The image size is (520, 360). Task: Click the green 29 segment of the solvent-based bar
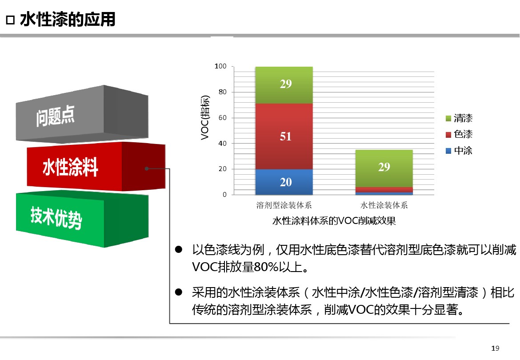coord(284,85)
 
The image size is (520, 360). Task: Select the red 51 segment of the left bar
coord(284,136)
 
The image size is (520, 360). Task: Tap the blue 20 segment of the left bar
coord(284,182)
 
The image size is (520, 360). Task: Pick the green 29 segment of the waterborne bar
coord(384,168)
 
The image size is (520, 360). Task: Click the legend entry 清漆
coord(459,118)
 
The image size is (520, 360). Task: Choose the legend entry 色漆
coord(459,134)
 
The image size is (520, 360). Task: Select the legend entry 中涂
coord(459,151)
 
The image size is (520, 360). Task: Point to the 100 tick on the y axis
coord(220,66)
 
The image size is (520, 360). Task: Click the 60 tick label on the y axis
coord(223,118)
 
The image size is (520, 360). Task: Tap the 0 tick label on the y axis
coord(225,195)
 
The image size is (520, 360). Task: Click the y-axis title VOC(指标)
coord(205,118)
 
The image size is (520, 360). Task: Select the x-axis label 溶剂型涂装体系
coord(284,205)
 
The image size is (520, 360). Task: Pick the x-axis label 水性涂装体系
coord(384,205)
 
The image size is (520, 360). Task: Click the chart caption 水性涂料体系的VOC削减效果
coord(334,221)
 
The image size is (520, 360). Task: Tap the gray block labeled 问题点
coord(82,114)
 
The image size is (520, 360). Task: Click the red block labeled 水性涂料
coord(96,166)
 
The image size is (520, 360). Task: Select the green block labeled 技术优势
coord(82,219)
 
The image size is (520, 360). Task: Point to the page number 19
coord(495,348)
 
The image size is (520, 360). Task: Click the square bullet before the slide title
coord(10,20)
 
